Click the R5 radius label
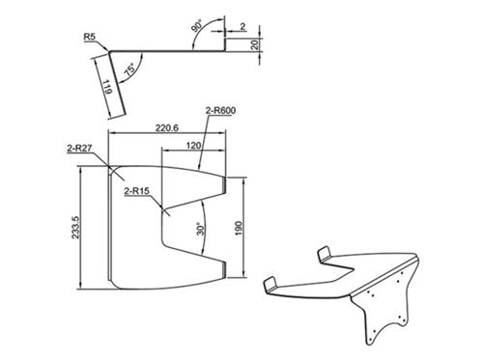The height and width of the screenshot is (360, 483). [90, 37]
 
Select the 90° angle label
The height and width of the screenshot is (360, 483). [197, 26]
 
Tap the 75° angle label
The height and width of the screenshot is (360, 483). [130, 69]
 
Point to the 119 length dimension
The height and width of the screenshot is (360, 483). [107, 87]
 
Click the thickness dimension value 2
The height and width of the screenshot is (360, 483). [242, 26]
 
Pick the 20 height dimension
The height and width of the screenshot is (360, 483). [254, 44]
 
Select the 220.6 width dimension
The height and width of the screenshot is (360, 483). [167, 127]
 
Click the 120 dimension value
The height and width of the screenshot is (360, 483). [193, 146]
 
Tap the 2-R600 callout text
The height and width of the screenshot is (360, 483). [220, 110]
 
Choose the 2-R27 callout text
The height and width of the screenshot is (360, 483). [80, 149]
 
